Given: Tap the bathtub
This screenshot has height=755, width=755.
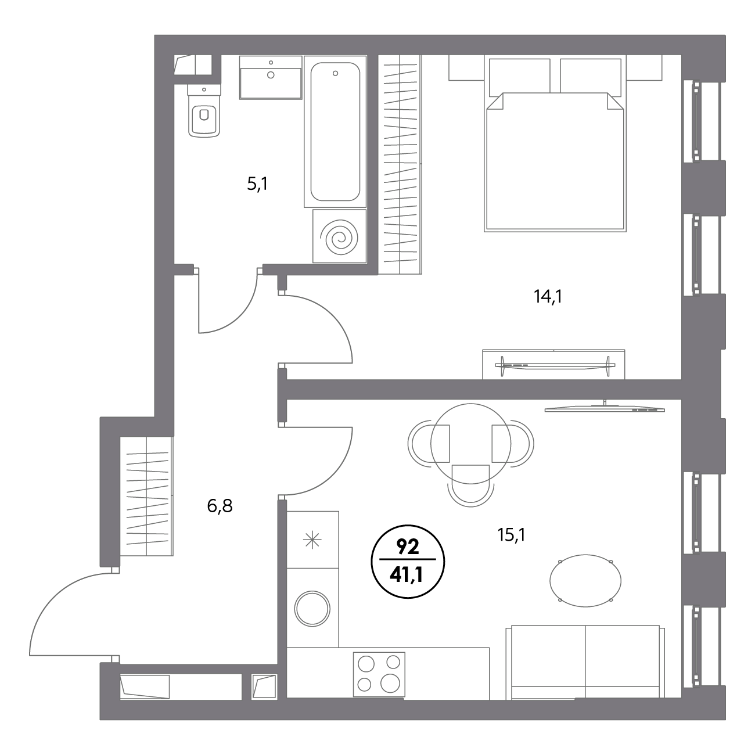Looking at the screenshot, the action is point(335,131).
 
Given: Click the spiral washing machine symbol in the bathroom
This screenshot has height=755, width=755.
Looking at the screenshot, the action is point(339,236).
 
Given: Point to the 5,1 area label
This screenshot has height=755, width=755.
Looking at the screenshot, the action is point(257,184).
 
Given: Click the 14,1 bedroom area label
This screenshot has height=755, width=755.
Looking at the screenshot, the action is point(548,296).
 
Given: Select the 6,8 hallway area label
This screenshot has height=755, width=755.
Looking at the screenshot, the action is point(220,506).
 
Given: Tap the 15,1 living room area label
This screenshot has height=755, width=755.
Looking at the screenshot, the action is point(511,534).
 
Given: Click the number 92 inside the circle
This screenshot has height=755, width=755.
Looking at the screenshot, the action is point(408,547).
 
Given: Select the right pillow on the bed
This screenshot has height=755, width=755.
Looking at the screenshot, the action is point(591,77).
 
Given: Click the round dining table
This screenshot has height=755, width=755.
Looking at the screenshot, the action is point(470,443).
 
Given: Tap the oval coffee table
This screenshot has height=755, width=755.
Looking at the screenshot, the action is point(586,581).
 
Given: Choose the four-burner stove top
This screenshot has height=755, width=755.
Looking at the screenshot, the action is point(379,674).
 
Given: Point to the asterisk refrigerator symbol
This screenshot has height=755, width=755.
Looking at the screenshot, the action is point(312,541).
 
